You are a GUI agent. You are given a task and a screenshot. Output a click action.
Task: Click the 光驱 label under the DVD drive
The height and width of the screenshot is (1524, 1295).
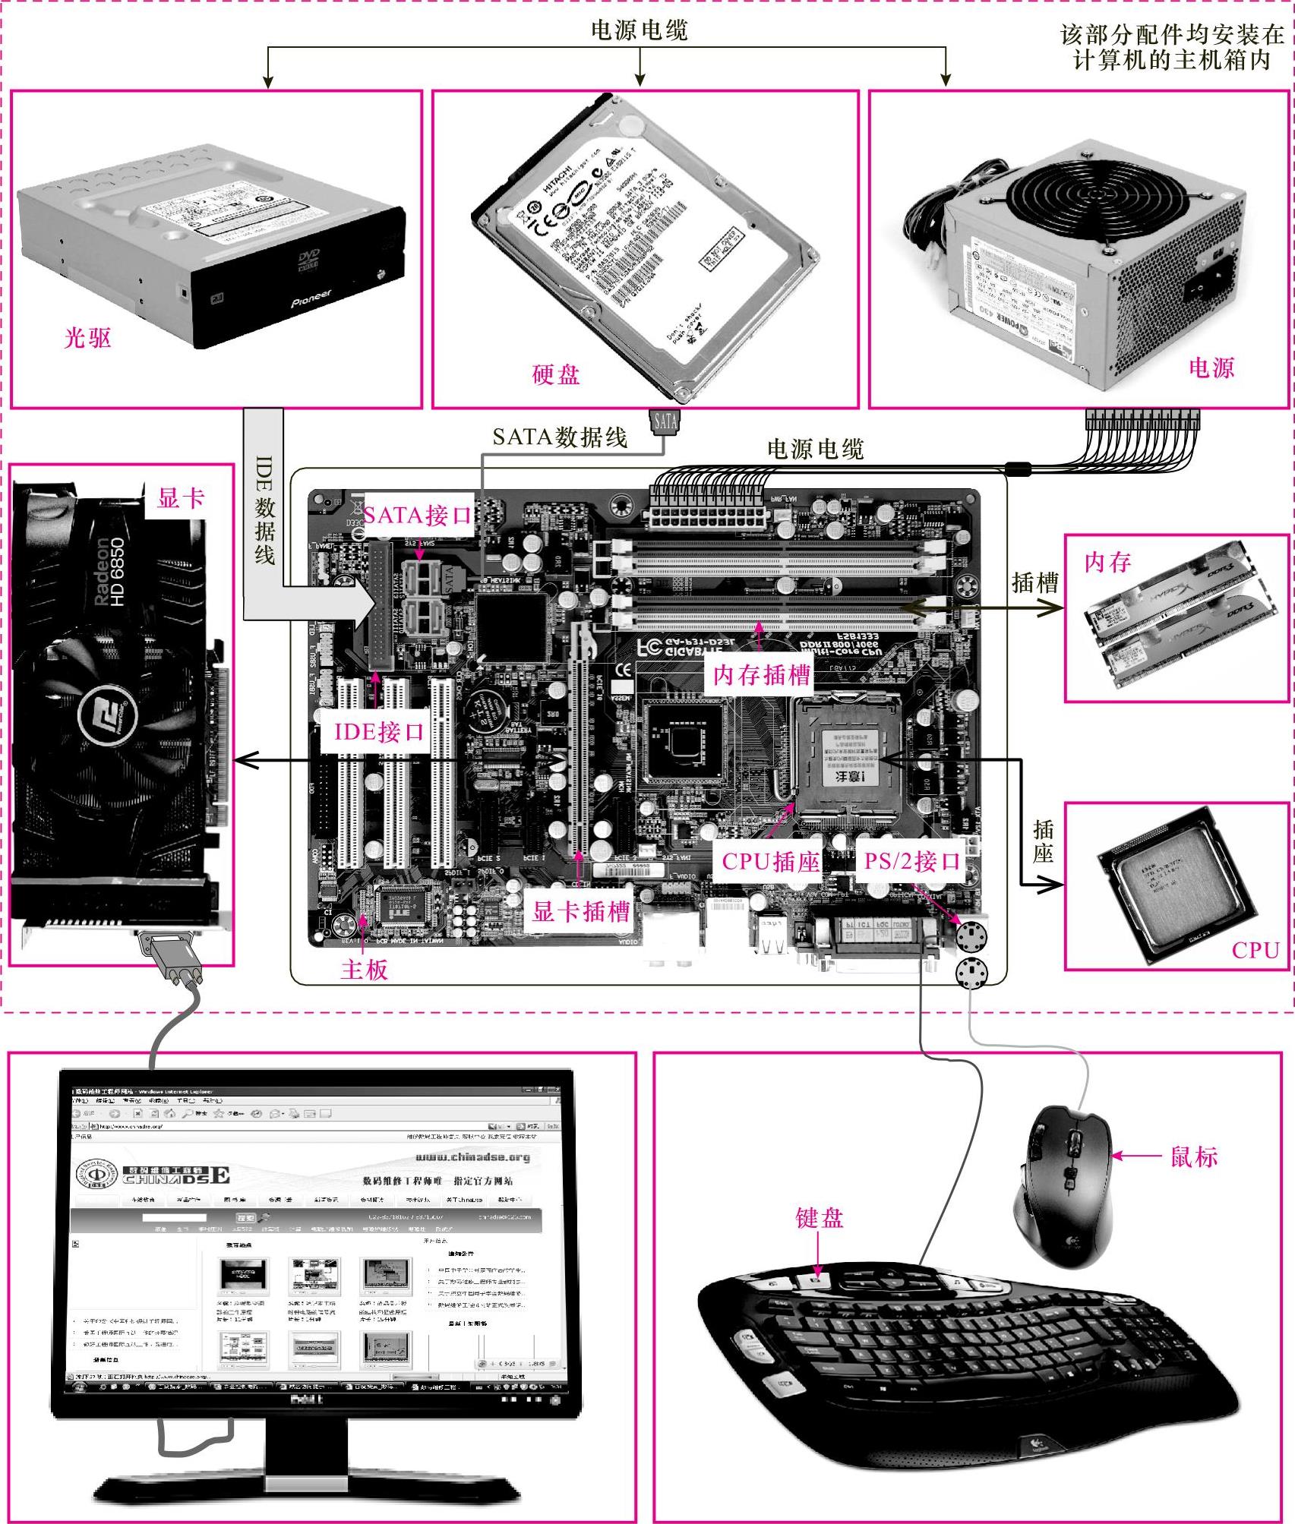[x=88, y=338]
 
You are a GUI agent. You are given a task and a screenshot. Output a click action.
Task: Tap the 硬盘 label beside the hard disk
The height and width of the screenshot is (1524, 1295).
[x=556, y=374]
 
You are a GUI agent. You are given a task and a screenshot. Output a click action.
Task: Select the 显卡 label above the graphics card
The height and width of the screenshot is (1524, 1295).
[x=181, y=498]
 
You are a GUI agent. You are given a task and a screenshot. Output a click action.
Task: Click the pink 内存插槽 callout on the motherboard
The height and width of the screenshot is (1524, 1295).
[x=762, y=674]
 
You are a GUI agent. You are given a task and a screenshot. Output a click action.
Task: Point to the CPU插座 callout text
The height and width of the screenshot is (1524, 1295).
[x=770, y=861]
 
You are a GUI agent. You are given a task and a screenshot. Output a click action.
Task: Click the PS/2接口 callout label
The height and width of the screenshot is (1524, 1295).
[x=912, y=861]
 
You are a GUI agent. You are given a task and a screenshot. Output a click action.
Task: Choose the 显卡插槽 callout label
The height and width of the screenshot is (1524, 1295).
[x=581, y=910]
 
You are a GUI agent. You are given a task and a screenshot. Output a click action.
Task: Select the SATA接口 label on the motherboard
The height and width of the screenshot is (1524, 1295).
[x=417, y=516]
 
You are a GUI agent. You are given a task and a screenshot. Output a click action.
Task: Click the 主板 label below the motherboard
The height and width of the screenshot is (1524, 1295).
[x=365, y=970]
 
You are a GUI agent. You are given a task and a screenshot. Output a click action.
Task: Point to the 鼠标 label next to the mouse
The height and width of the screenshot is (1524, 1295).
[x=1194, y=1156]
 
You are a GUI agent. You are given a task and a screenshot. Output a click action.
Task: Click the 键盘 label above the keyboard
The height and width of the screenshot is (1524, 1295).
[x=820, y=1219]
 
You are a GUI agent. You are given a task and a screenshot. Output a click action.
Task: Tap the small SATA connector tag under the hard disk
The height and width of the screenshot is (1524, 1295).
[x=665, y=421]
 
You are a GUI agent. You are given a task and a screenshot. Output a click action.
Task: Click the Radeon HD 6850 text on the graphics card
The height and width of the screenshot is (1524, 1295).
[x=109, y=572]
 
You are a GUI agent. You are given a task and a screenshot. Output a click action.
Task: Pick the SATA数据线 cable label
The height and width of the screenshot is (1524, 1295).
[x=560, y=437]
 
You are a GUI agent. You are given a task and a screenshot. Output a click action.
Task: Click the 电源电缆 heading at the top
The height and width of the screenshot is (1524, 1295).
[x=640, y=30]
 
